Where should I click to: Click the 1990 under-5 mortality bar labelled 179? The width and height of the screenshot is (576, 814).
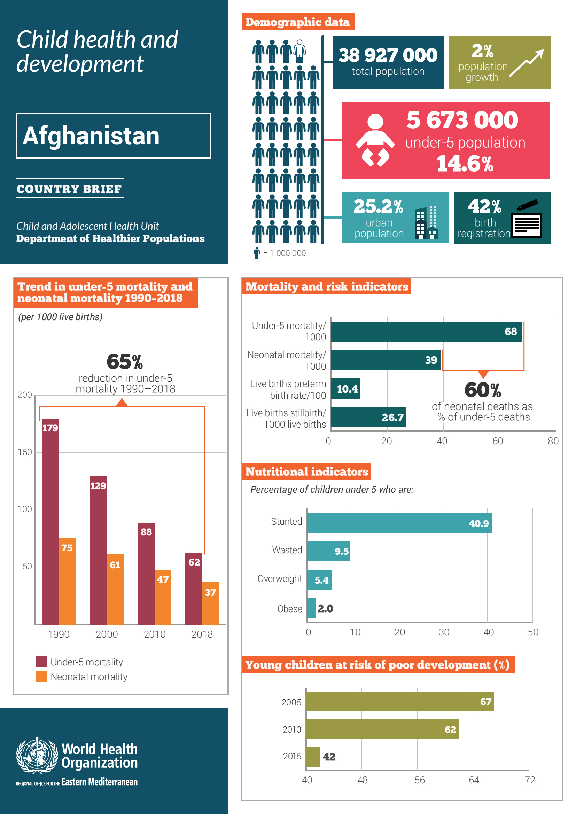click(50, 521)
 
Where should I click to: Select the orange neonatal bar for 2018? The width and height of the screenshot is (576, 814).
click(210, 603)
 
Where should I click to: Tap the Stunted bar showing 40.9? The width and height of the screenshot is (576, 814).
click(399, 523)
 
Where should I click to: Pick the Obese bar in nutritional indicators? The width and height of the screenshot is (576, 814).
click(311, 608)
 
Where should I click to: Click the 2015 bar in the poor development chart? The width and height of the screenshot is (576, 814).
click(312, 756)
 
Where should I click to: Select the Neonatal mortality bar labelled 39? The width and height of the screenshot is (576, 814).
click(386, 360)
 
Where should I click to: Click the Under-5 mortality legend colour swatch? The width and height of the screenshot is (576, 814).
click(41, 662)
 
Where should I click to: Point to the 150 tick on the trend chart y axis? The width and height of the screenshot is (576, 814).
click(24, 452)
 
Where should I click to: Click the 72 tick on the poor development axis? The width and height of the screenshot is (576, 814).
click(530, 780)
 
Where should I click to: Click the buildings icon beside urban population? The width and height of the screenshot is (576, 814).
click(426, 222)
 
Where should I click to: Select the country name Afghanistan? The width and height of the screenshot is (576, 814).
click(91, 136)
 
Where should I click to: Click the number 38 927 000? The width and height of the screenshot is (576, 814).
click(388, 55)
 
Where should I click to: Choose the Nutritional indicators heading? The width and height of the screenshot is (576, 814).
click(306, 472)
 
